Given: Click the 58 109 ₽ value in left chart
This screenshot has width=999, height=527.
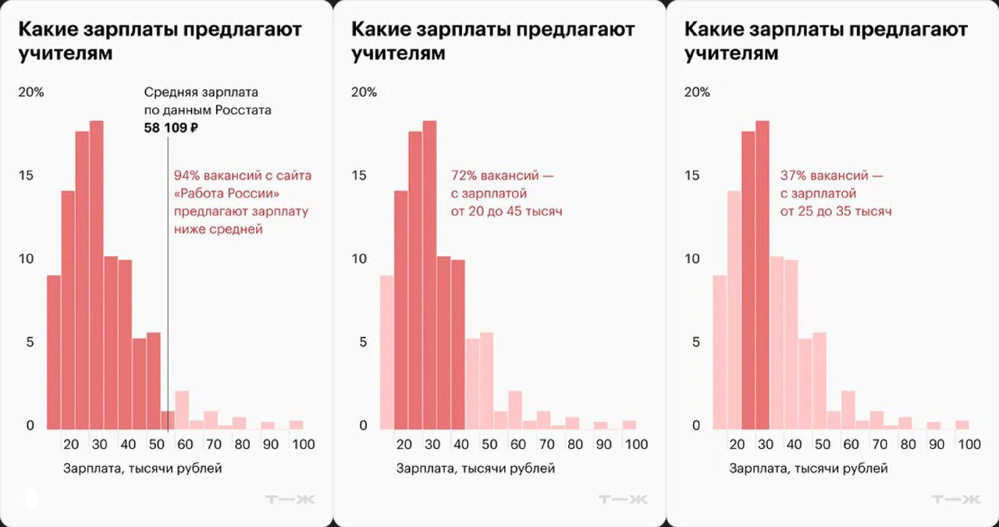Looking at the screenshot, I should point(171,128).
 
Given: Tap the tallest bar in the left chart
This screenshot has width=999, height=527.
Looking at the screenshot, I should point(97,273).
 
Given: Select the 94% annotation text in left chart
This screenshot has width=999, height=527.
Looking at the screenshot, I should point(241,202).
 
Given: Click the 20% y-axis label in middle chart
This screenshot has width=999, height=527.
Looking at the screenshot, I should point(364,92).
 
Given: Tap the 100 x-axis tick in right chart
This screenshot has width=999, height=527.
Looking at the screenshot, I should point(968,444).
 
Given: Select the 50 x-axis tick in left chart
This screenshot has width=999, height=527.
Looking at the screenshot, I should point(155,444).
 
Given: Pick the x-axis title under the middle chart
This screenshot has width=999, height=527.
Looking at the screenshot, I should point(476,468).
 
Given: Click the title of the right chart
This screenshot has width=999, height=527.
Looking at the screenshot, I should point(826,41).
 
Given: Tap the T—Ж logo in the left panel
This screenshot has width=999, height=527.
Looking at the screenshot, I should point(290,499).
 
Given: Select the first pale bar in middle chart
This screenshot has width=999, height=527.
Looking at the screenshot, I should point(386,351).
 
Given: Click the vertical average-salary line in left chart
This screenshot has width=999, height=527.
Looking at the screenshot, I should point(168,312).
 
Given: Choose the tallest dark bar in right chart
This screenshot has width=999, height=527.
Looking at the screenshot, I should point(763,273).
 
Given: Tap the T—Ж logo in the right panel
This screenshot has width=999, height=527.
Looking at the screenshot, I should point(955,499).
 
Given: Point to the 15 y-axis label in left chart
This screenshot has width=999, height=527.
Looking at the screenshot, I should point(26,175).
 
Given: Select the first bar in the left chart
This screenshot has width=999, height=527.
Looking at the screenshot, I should point(54,351).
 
